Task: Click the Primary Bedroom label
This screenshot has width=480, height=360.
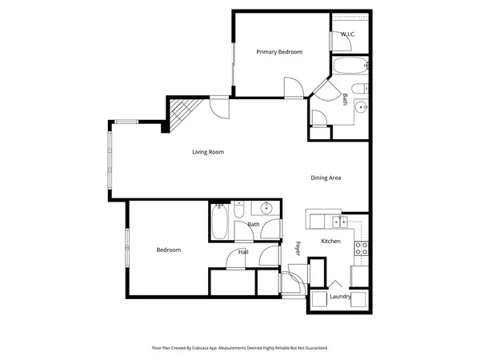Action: tap(279, 52)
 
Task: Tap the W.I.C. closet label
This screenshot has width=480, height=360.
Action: tap(348, 34)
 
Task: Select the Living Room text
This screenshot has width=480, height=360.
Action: tap(207, 152)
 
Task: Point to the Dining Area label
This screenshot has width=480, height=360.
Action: tap(326, 178)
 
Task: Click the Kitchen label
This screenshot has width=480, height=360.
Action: tap(330, 241)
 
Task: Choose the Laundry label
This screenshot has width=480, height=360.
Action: tap(340, 297)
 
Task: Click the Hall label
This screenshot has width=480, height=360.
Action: tap(242, 252)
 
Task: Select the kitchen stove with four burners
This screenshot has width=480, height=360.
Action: tap(361, 248)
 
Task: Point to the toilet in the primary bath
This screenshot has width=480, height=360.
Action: tap(359, 87)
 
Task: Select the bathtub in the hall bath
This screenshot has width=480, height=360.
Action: tap(219, 222)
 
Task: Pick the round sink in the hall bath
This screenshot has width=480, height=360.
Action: tap(266, 210)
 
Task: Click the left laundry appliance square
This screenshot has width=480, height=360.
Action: tap(320, 298)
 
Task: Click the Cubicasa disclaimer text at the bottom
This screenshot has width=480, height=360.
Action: tap(240, 348)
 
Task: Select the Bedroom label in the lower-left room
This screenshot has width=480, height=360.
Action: tap(168, 250)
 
